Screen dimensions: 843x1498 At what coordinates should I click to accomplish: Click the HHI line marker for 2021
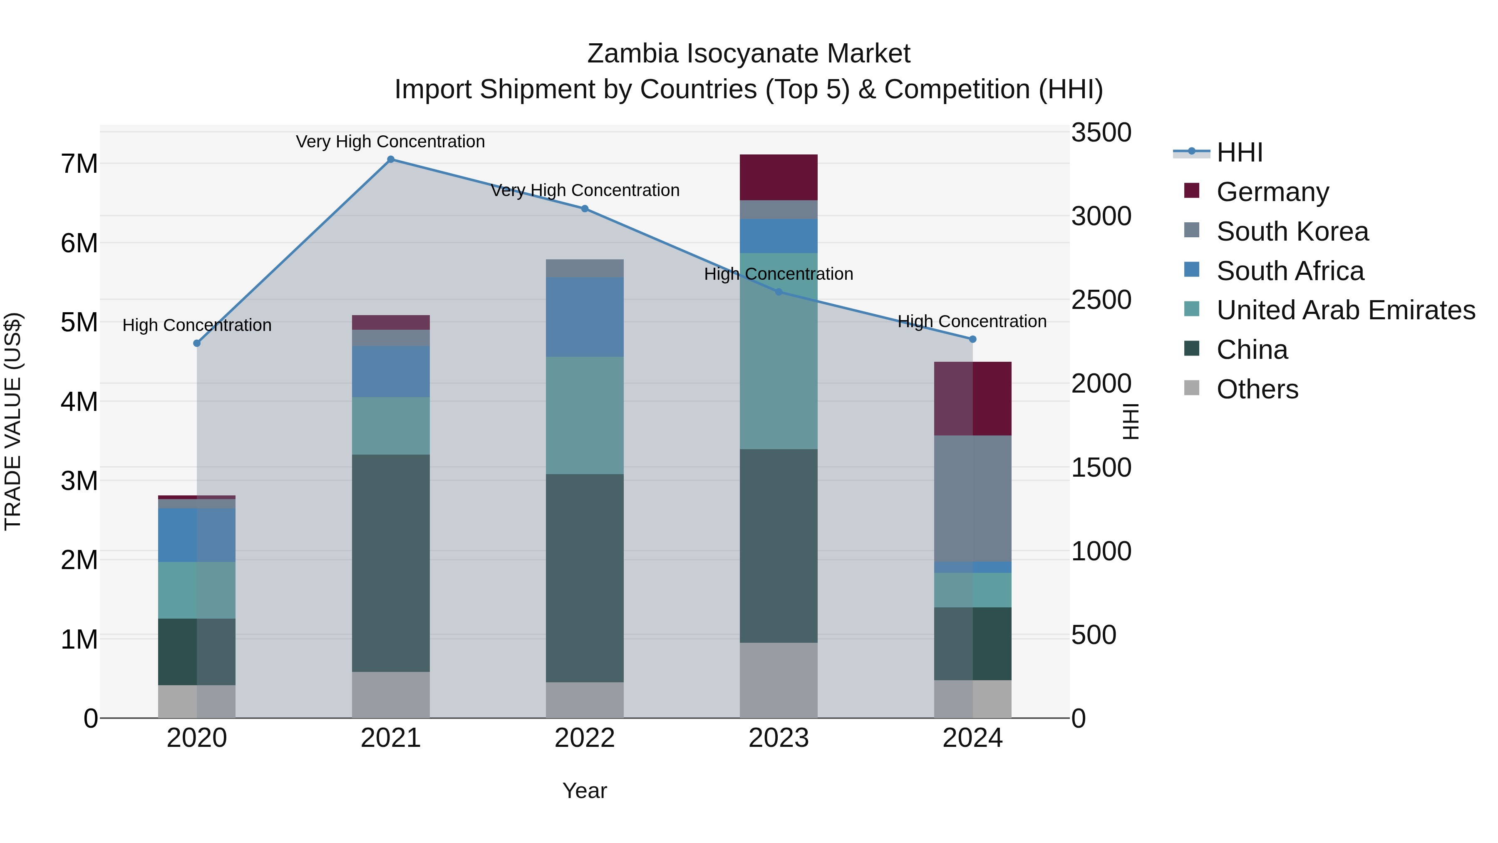tap(391, 159)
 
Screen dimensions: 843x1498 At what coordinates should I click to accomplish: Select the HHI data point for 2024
tap(972, 339)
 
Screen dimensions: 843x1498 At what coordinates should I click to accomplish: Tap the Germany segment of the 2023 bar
tap(778, 177)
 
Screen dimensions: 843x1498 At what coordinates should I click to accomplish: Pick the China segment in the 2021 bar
tap(391, 563)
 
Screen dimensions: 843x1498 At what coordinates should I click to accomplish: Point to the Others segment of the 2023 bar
tap(778, 680)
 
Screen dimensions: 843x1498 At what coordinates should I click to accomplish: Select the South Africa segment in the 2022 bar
tap(585, 317)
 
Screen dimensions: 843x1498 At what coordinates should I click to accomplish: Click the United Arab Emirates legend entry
tap(1346, 310)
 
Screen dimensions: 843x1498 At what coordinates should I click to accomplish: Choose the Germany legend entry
tap(1272, 192)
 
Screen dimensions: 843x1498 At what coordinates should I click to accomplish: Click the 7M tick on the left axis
tap(79, 164)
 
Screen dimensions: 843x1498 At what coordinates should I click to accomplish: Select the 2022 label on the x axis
tap(585, 738)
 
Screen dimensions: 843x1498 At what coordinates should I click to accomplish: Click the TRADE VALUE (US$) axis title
tap(13, 421)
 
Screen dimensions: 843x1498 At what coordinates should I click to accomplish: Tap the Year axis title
tap(585, 791)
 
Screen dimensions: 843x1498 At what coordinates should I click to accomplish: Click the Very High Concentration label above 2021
tap(390, 142)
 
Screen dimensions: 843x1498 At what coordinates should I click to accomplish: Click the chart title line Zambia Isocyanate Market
tap(749, 54)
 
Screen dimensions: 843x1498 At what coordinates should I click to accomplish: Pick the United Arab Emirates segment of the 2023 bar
tap(778, 351)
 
